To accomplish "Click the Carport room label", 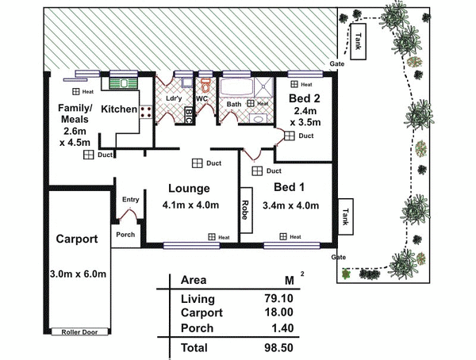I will [x=76, y=239].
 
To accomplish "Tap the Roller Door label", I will [x=79, y=331].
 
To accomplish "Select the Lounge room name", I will [x=189, y=189].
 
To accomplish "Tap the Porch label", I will [x=125, y=235].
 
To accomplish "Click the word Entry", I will [x=130, y=200].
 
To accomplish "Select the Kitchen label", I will [x=120, y=109].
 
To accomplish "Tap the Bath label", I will [x=234, y=104].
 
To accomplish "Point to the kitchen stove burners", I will [x=147, y=112].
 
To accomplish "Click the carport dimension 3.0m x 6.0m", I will [x=76, y=274].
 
